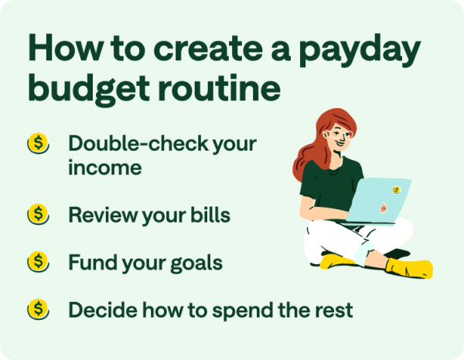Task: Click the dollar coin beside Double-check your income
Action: point(38,144)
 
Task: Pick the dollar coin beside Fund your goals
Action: point(38,262)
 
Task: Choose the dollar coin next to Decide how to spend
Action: point(38,310)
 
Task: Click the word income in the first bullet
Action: point(105,167)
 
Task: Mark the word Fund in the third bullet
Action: point(88,263)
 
